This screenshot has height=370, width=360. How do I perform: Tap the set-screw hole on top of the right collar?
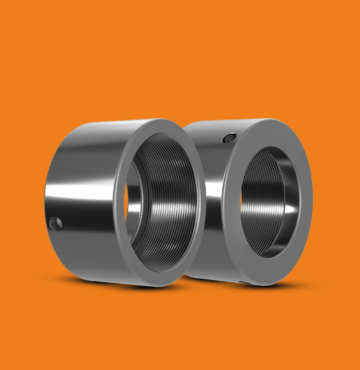tap(228, 138)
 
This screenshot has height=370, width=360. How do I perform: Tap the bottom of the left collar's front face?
tap(160, 279)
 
